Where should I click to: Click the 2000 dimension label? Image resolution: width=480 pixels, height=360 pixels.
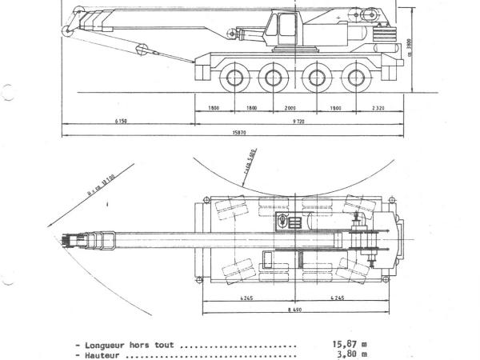pyautogui.click(x=289, y=107)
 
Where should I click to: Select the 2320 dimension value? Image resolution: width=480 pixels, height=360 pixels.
pyautogui.click(x=380, y=107)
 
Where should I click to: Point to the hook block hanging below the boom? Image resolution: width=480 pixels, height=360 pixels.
pyautogui.click(x=145, y=50)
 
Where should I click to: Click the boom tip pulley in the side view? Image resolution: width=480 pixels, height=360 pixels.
pyautogui.click(x=68, y=30)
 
